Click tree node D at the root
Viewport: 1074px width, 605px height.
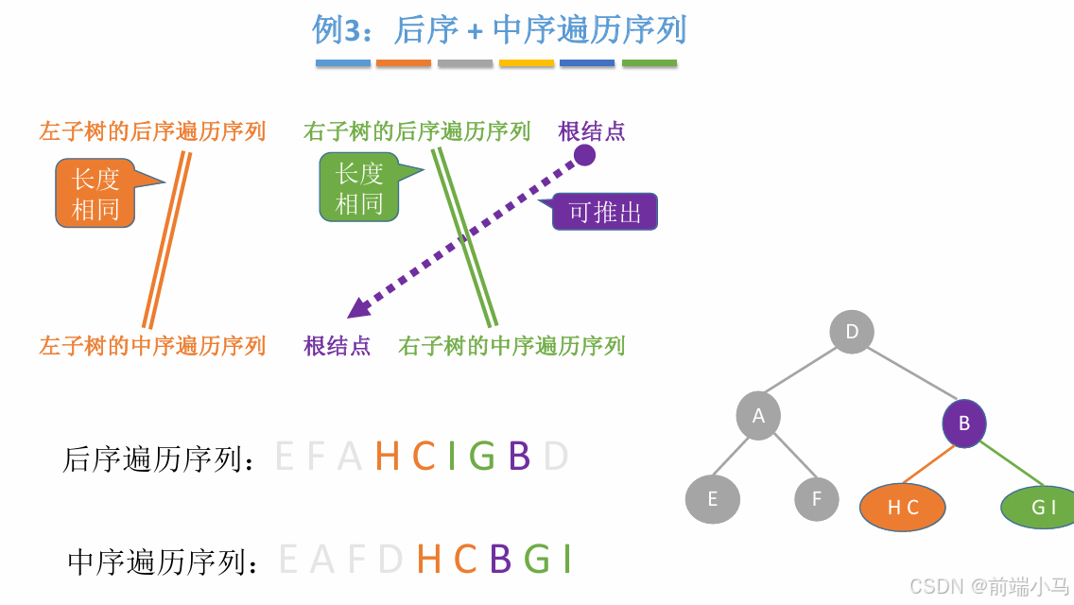coord(852,332)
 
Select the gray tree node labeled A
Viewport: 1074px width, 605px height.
coord(758,416)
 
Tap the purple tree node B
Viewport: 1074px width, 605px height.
coord(964,423)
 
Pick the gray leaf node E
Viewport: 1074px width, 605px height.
coord(713,499)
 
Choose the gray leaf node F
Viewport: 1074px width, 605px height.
coord(817,498)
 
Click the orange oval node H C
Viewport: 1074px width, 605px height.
coord(903,508)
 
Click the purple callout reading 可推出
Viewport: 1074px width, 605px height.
coord(605,212)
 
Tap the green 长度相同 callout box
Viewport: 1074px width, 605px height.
coord(359,187)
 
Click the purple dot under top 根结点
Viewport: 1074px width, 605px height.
coord(585,155)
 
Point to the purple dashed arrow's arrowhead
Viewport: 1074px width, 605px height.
coord(356,308)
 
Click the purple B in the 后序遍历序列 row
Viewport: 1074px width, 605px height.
coord(519,457)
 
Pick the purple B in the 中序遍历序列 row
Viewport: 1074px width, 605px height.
coord(500,560)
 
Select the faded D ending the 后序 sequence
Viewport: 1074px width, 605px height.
coord(556,457)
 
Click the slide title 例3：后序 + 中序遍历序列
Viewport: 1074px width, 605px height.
coord(498,30)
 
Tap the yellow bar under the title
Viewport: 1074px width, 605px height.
coord(527,63)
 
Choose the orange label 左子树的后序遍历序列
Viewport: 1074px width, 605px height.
coord(152,131)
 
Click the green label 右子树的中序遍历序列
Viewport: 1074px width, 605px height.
coord(511,346)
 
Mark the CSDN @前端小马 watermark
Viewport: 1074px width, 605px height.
coord(989,587)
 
